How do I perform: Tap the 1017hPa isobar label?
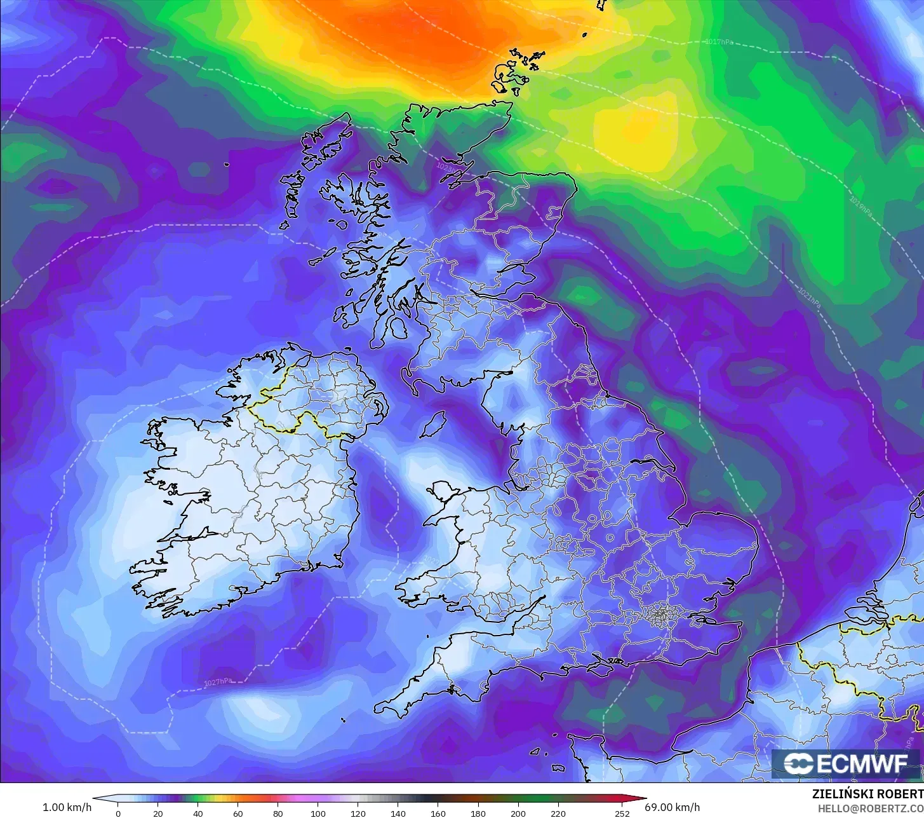point(719,42)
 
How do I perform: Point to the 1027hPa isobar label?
point(217,682)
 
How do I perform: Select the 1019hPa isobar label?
point(860,207)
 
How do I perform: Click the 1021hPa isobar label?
point(809,298)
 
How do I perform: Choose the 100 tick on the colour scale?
point(318,813)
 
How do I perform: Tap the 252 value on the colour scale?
point(622,813)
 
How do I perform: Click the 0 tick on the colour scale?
point(118,813)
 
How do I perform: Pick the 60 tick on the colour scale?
point(238,813)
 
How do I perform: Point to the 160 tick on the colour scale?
point(438,813)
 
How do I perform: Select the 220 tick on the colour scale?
point(558,813)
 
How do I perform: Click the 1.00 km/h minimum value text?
point(67,807)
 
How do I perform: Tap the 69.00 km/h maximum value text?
point(673,807)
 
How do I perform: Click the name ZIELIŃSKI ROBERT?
point(867,794)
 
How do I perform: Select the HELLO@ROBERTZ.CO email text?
point(869,807)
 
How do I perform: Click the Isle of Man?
point(434,423)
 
